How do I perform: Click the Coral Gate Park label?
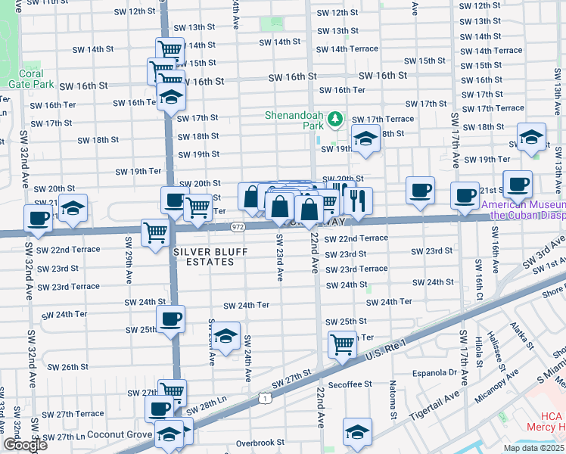pos(26,79)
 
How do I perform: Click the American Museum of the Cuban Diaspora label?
pos(524,210)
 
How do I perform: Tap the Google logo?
pos(24,445)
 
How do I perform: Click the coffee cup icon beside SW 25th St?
pos(170,318)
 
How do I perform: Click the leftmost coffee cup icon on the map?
pos(37,219)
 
